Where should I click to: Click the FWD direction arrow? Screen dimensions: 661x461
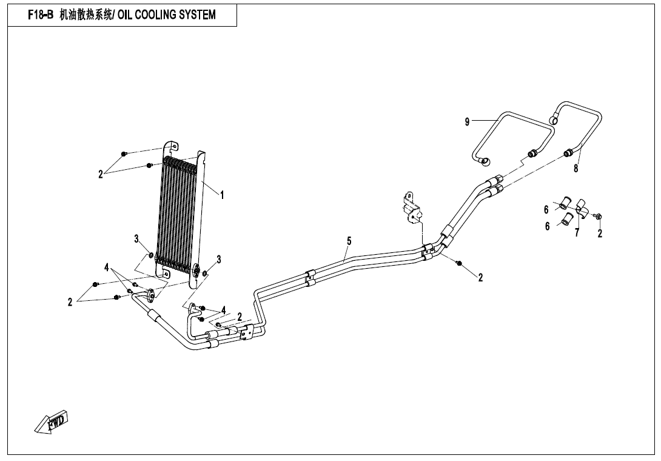pos(51,422)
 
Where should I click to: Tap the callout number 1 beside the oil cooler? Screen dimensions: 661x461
pos(222,195)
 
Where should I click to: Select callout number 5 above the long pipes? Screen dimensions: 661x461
pos(349,241)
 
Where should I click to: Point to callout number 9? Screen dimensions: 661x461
pos(467,122)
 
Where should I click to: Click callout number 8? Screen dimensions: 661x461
pos(576,169)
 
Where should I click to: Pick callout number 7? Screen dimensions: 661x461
pos(577,232)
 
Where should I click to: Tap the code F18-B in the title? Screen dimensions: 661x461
pos(41,15)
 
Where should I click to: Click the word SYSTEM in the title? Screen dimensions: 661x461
pos(197,15)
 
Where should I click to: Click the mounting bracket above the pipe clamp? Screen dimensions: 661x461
pos(412,207)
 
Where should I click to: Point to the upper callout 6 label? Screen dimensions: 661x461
pos(546,210)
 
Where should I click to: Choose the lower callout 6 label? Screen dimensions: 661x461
pos(547,226)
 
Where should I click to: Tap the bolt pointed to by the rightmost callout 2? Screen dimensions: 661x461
pos(600,217)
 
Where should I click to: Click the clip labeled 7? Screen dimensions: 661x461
pos(580,208)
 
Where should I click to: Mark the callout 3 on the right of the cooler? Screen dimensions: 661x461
pos(218,259)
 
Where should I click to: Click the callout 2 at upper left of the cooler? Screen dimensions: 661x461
pos(100,174)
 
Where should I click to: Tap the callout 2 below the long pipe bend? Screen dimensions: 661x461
pos(480,277)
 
